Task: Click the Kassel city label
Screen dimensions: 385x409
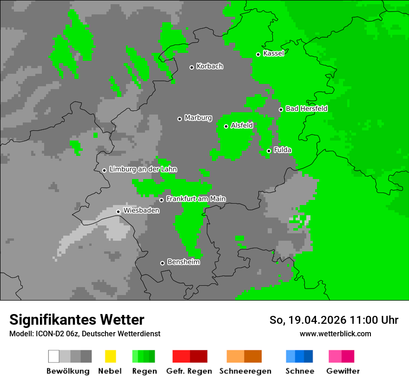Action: coord(273,53)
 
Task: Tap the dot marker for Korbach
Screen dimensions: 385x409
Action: coord(191,67)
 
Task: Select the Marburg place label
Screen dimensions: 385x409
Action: coord(198,118)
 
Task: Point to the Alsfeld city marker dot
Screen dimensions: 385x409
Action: coord(226,126)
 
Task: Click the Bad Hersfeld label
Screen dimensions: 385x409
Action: coord(306,109)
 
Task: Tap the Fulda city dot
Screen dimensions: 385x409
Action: coord(269,151)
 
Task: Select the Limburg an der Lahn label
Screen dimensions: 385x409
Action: coord(143,169)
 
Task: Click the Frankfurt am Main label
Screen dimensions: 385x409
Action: coord(196,199)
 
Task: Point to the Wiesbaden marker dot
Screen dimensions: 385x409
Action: coord(118,212)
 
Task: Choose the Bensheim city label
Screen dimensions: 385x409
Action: coord(183,262)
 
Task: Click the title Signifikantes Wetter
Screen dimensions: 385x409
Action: coord(77,320)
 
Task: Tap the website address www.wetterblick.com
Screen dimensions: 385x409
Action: coord(335,334)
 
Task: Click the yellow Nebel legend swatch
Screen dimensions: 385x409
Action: coord(110,356)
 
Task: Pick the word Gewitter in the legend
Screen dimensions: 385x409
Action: coord(343,371)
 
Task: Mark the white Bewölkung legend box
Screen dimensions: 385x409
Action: coord(54,356)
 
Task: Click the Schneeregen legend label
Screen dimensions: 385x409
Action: coord(245,371)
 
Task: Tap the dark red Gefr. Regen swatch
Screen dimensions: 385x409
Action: coord(198,356)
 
